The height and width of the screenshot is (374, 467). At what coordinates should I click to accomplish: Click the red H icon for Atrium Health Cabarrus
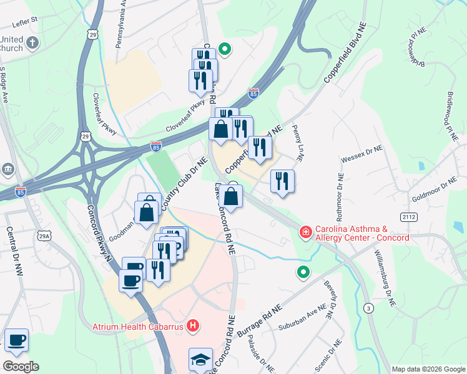194,325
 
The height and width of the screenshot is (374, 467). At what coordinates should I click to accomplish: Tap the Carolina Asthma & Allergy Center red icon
305,233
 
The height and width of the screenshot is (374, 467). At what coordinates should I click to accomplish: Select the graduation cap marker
201,360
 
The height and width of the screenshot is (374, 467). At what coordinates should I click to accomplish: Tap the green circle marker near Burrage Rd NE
303,272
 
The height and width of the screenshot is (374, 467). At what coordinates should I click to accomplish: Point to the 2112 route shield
408,216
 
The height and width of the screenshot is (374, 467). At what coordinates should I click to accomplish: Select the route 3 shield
369,309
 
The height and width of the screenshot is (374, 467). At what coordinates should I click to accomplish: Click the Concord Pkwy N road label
100,234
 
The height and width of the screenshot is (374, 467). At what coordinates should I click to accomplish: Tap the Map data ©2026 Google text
428,369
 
